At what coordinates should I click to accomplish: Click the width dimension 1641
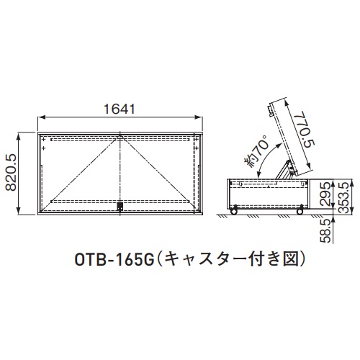coord(120,109)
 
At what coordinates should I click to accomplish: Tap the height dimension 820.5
coord(11,172)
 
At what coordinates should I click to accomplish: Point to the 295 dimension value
coord(326,194)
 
